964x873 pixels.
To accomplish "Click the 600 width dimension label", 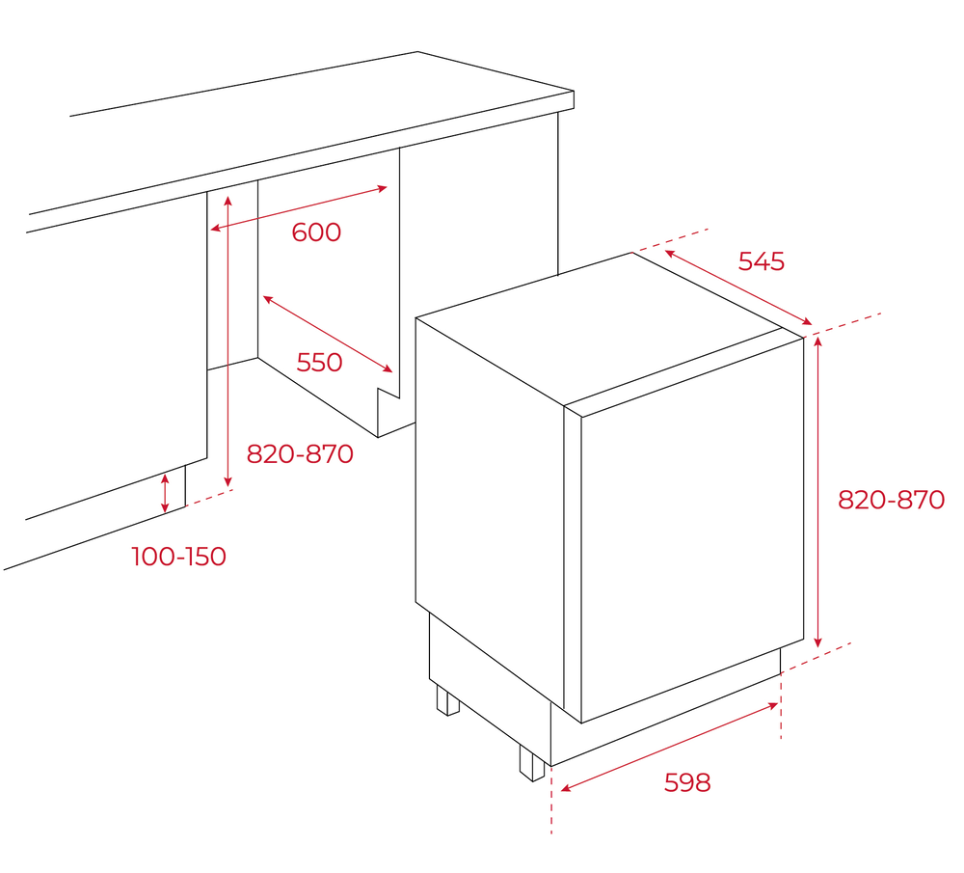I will pyautogui.click(x=316, y=232).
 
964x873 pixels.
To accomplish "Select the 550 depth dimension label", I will pyautogui.click(x=319, y=363).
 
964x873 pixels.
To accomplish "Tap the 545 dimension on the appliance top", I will pyautogui.click(x=762, y=261).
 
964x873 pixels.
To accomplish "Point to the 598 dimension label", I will pyautogui.click(x=687, y=782).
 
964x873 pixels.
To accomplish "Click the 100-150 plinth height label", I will pyautogui.click(x=179, y=557).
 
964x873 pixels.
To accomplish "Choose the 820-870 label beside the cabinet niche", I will pyautogui.click(x=300, y=453).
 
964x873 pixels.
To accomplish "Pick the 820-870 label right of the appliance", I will pyautogui.click(x=891, y=500).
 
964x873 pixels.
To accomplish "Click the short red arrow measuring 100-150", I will pyautogui.click(x=165, y=492).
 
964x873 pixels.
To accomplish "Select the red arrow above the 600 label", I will pyautogui.click(x=299, y=208).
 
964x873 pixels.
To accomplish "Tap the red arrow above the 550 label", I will pyautogui.click(x=328, y=334).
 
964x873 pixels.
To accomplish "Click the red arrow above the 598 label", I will pyautogui.click(x=669, y=748).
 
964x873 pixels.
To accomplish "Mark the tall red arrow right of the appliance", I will pyautogui.click(x=817, y=491).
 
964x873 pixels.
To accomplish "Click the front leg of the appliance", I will pyautogui.click(x=532, y=762).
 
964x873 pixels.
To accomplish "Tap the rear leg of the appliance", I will pyautogui.click(x=447, y=700).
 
